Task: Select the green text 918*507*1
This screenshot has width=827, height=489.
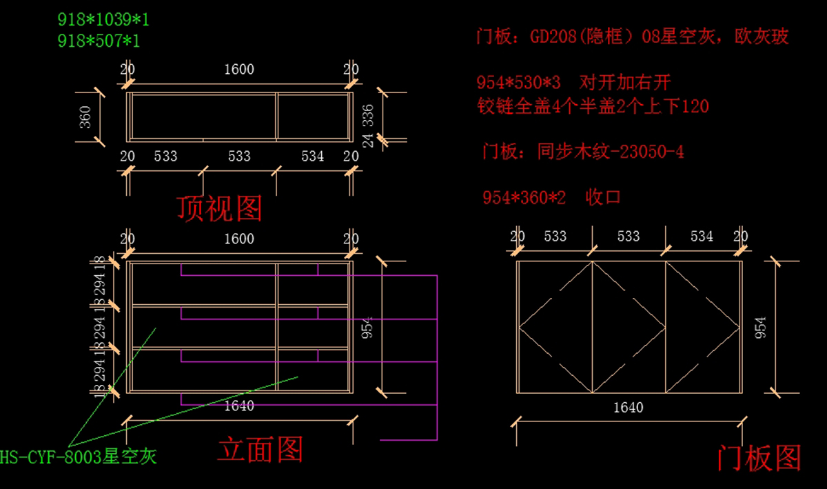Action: tap(99, 41)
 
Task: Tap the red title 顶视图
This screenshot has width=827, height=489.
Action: tap(219, 208)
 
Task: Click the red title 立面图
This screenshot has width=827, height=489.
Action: tap(261, 450)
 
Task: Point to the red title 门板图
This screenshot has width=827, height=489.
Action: tap(759, 458)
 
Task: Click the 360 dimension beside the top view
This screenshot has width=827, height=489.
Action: tap(85, 117)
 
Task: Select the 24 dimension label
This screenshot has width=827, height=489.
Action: tap(368, 140)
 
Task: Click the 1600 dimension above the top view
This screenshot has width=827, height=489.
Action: tap(239, 69)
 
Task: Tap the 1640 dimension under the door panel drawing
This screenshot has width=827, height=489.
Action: tap(628, 408)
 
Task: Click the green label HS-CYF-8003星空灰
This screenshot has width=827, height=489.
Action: tap(79, 457)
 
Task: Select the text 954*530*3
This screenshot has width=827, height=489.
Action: tap(519, 83)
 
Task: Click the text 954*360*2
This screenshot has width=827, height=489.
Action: tap(524, 197)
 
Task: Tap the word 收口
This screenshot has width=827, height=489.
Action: tap(603, 197)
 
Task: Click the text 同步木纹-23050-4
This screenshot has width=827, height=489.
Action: tap(611, 152)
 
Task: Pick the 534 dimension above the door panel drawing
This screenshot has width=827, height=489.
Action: tap(702, 237)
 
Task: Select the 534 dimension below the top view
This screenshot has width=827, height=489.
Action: tap(312, 157)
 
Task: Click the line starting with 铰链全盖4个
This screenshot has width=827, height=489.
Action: tap(593, 106)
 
